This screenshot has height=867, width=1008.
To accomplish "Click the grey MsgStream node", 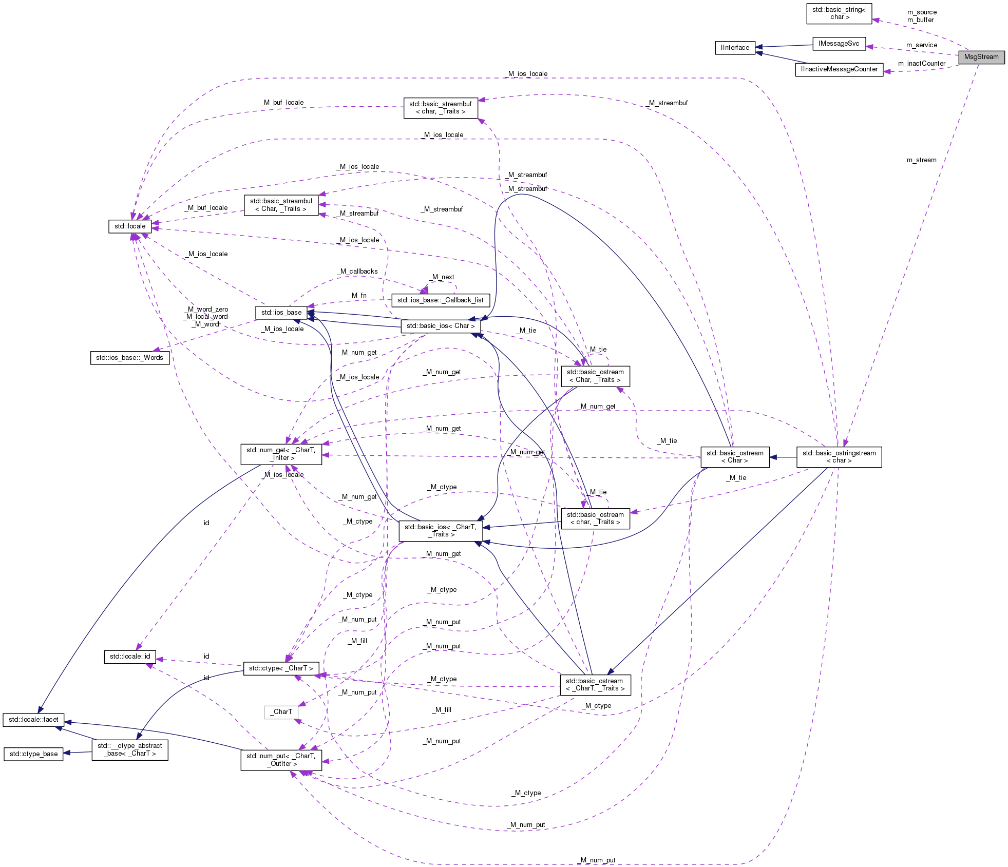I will [x=981, y=57].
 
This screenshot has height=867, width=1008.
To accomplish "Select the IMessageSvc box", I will [x=839, y=44].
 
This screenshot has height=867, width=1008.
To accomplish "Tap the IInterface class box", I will [x=735, y=48].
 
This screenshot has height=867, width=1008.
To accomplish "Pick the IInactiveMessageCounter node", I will [x=839, y=69].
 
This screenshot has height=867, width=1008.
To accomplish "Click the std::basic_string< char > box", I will [x=839, y=13].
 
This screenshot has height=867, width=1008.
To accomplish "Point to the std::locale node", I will [x=130, y=226].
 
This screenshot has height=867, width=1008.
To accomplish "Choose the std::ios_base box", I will [x=281, y=312].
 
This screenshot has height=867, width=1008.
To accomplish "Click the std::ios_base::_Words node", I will [x=129, y=357].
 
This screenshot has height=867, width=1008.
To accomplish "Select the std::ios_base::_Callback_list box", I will [x=441, y=300].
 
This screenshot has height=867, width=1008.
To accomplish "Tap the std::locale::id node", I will [x=130, y=657].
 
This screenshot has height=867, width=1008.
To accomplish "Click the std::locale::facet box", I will [x=33, y=720].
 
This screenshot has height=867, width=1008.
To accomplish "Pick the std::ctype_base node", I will [x=33, y=754].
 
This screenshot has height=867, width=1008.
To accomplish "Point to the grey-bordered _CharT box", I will [x=281, y=712].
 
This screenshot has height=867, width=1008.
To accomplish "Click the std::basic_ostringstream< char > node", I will [x=839, y=457].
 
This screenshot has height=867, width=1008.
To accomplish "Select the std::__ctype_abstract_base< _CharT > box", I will [x=130, y=749].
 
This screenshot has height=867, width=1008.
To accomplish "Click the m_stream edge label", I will [x=921, y=160].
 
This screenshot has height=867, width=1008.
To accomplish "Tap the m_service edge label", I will [x=921, y=45].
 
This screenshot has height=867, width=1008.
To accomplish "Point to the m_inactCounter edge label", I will [x=921, y=64].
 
